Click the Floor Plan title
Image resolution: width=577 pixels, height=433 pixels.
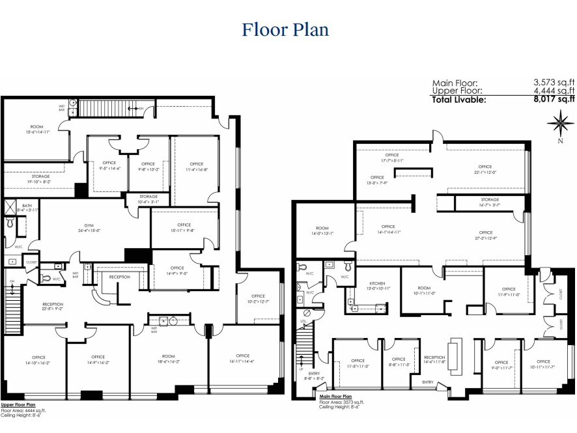coord(285,30)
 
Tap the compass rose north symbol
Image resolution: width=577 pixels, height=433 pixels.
coord(559,122)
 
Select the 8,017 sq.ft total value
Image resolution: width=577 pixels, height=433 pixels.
coord(554,100)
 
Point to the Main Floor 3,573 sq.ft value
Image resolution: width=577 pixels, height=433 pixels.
coord(554,83)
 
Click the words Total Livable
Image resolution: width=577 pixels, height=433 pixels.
coord(458,100)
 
